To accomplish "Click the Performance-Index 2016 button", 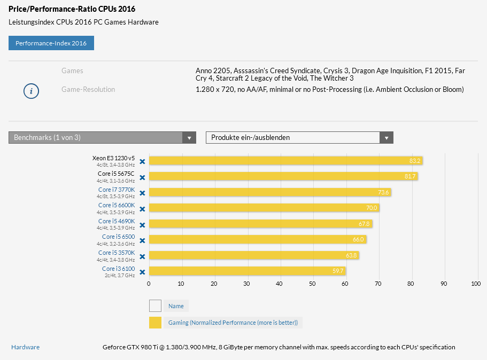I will (x=51, y=43).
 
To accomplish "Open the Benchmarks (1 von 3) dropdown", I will (x=102, y=138).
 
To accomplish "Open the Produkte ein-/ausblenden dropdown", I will (x=299, y=138).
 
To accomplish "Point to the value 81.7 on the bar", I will (x=410, y=176).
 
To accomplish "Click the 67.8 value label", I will (x=365, y=224).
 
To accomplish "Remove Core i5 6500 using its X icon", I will (x=142, y=240).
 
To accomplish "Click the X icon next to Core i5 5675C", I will (x=142, y=177).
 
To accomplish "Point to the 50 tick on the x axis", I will (x=312, y=284).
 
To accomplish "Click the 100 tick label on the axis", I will (x=476, y=284).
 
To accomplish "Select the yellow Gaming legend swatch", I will (x=155, y=323).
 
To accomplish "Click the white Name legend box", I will (x=155, y=306).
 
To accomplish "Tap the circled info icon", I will (x=31, y=91).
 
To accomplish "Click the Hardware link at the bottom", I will (x=25, y=347).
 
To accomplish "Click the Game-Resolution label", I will (x=88, y=90).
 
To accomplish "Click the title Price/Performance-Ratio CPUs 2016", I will (x=72, y=9).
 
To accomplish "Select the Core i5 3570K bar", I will (x=253, y=255).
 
